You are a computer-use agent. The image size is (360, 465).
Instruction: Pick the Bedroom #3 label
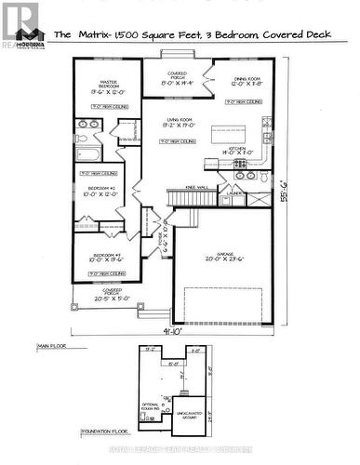click(100, 257)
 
